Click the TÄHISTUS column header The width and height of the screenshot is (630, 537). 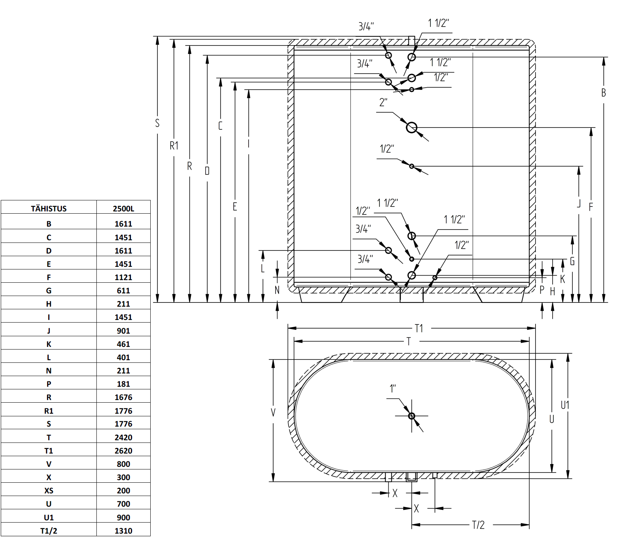tap(49, 209)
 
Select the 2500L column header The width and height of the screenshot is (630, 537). tap(123, 209)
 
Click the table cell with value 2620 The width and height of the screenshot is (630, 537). tap(123, 451)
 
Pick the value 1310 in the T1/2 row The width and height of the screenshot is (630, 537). tap(123, 531)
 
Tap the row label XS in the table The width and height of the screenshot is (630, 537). tap(49, 491)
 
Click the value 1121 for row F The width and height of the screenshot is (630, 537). tap(123, 277)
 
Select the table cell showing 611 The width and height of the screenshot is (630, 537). tap(123, 291)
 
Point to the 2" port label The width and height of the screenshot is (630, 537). tap(383, 102)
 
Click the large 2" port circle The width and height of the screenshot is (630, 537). tap(411, 128)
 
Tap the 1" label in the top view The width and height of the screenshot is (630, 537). tap(393, 389)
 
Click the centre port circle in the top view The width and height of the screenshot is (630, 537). tap(411, 416)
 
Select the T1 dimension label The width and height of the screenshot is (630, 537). tap(419, 328)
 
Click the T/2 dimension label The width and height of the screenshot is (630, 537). tap(478, 525)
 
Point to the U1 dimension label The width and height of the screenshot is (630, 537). tap(565, 405)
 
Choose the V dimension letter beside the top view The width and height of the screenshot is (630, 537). tap(273, 413)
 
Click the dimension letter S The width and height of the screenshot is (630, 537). tap(157, 123)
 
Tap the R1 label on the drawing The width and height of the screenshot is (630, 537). tap(174, 146)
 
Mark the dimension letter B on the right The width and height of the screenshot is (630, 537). tap(603, 93)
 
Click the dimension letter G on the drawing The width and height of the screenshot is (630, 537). tap(572, 261)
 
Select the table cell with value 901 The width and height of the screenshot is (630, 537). tap(123, 331)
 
